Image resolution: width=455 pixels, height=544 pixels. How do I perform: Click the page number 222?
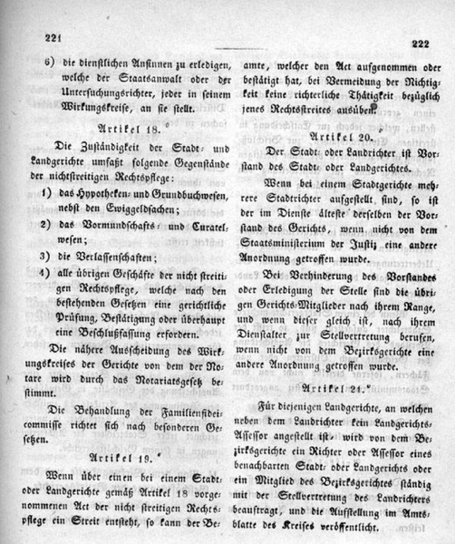pyautogui.click(x=418, y=43)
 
